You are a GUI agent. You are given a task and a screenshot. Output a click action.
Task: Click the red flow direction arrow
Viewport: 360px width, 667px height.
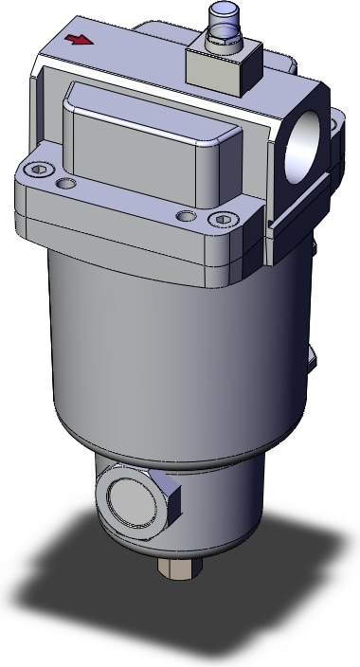[72, 41]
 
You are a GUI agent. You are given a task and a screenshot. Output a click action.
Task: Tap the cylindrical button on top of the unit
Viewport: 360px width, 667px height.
[223, 22]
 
